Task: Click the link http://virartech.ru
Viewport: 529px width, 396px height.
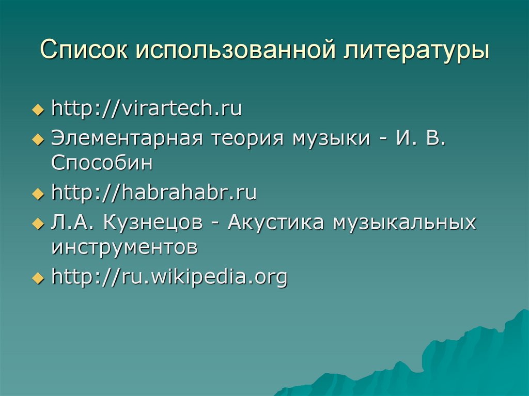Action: pyautogui.click(x=147, y=109)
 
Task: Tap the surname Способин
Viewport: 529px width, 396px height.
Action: pyautogui.click(x=102, y=163)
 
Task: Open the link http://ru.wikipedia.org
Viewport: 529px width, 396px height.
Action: pyautogui.click(x=169, y=277)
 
